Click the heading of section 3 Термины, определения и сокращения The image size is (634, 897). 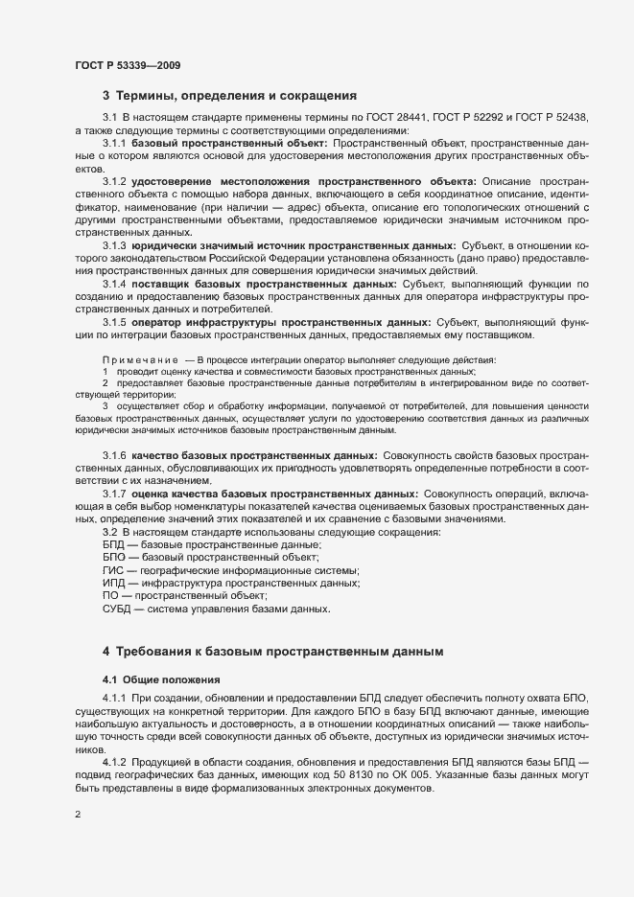pyautogui.click(x=229, y=96)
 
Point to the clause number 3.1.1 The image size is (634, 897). pyautogui.click(x=114, y=143)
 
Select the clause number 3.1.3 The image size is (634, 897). pyautogui.click(x=114, y=246)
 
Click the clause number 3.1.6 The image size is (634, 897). pyautogui.click(x=114, y=454)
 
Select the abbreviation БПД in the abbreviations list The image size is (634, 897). pyautogui.click(x=113, y=544)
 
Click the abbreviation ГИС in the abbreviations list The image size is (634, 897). pyautogui.click(x=112, y=570)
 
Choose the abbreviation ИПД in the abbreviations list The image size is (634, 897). pyautogui.click(x=113, y=583)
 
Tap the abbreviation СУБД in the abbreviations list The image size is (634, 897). pyautogui.click(x=118, y=609)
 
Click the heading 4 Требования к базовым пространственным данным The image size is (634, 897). pyautogui.click(x=272, y=652)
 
